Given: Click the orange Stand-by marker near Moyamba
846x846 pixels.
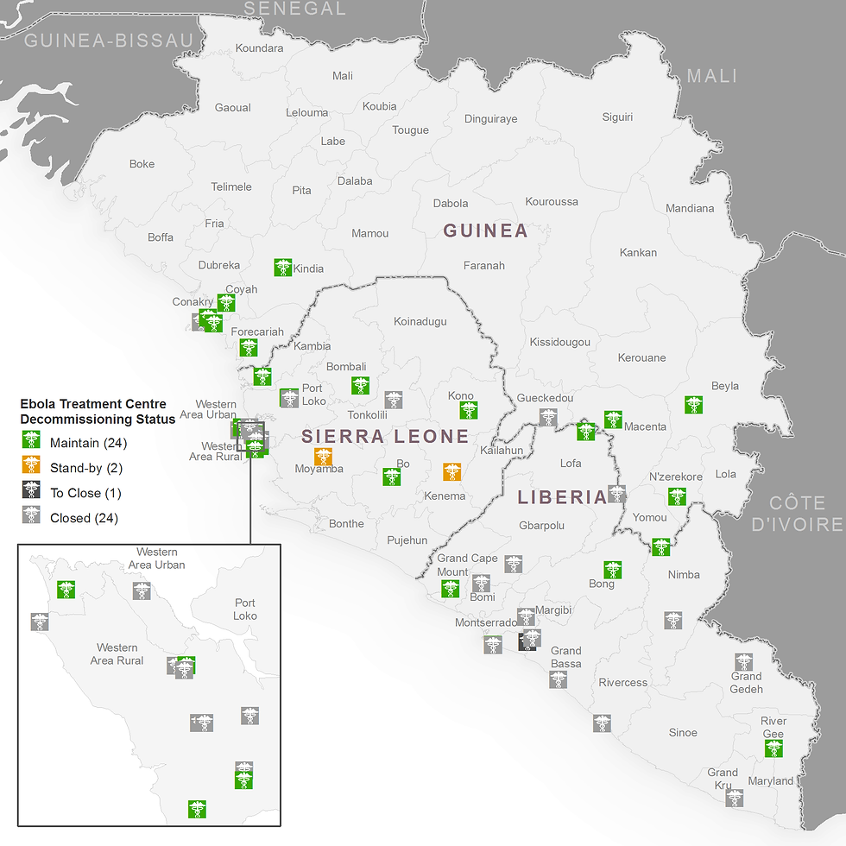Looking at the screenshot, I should coord(324,457).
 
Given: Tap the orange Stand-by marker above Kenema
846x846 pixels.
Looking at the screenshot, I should coord(451,471).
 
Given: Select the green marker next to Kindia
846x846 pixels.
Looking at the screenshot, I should coord(283,268).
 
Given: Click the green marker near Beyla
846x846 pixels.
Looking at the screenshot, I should coord(693,404).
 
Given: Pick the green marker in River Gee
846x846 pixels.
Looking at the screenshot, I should coord(773,748).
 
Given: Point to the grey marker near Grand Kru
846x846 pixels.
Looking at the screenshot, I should coord(735,798).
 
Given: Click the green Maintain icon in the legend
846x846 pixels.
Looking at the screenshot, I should coord(31,443).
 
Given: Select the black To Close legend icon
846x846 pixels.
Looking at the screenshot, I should coord(31,493).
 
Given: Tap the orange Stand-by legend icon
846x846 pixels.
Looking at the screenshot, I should coord(31,468).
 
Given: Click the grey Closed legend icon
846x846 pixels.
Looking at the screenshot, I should coord(31,518).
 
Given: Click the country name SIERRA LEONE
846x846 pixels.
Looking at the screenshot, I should coord(385,436).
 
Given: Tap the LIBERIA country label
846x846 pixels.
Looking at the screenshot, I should coord(562,497).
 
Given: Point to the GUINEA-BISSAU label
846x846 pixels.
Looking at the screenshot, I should coord(109,40).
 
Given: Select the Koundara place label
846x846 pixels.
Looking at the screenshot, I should coord(259,48).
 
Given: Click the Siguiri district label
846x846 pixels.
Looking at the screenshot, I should coord(617,117).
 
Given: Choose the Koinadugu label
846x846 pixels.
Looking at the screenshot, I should coord(420,321).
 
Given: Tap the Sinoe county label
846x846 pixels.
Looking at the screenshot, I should coord(683,733).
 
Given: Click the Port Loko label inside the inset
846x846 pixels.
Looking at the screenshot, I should coord(245,609).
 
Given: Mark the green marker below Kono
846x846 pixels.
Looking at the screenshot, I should coord(469,411).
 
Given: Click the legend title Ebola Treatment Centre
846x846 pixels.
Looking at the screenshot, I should coord(93,404).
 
